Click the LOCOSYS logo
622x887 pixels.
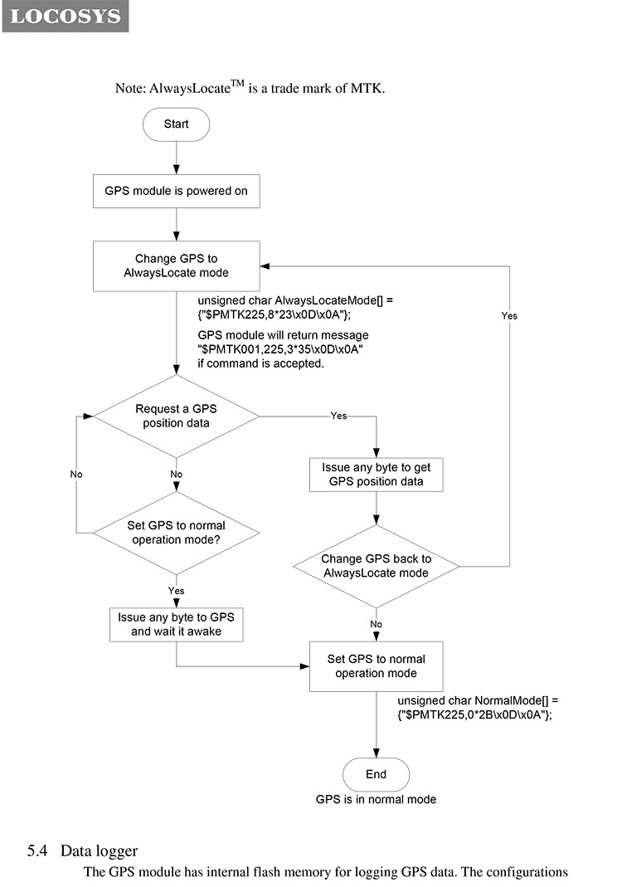[x=65, y=16]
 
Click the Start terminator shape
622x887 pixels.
[x=176, y=124]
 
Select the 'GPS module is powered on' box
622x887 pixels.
[x=177, y=191]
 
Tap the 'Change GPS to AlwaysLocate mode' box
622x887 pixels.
[x=177, y=266]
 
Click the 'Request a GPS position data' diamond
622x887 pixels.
[x=177, y=417]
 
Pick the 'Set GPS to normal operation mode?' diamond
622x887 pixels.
[x=177, y=533]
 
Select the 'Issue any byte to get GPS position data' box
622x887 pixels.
[x=376, y=475]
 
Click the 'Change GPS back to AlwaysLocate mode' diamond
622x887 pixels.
[x=376, y=566]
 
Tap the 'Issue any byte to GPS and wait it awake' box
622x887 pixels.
[x=177, y=625]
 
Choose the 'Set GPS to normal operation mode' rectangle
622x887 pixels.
[x=376, y=666]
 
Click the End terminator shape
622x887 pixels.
[x=376, y=774]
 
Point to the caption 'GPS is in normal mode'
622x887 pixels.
[x=376, y=799]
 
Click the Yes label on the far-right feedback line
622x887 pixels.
[x=509, y=315]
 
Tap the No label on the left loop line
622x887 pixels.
[x=76, y=474]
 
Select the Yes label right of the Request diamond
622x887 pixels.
[x=338, y=416]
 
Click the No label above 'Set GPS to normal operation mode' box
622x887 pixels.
[x=376, y=624]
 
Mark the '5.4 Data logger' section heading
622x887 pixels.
[x=83, y=850]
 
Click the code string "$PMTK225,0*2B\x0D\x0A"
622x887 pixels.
[x=475, y=714]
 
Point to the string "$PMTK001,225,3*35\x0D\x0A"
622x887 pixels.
[x=280, y=349]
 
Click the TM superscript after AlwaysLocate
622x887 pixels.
[x=237, y=84]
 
